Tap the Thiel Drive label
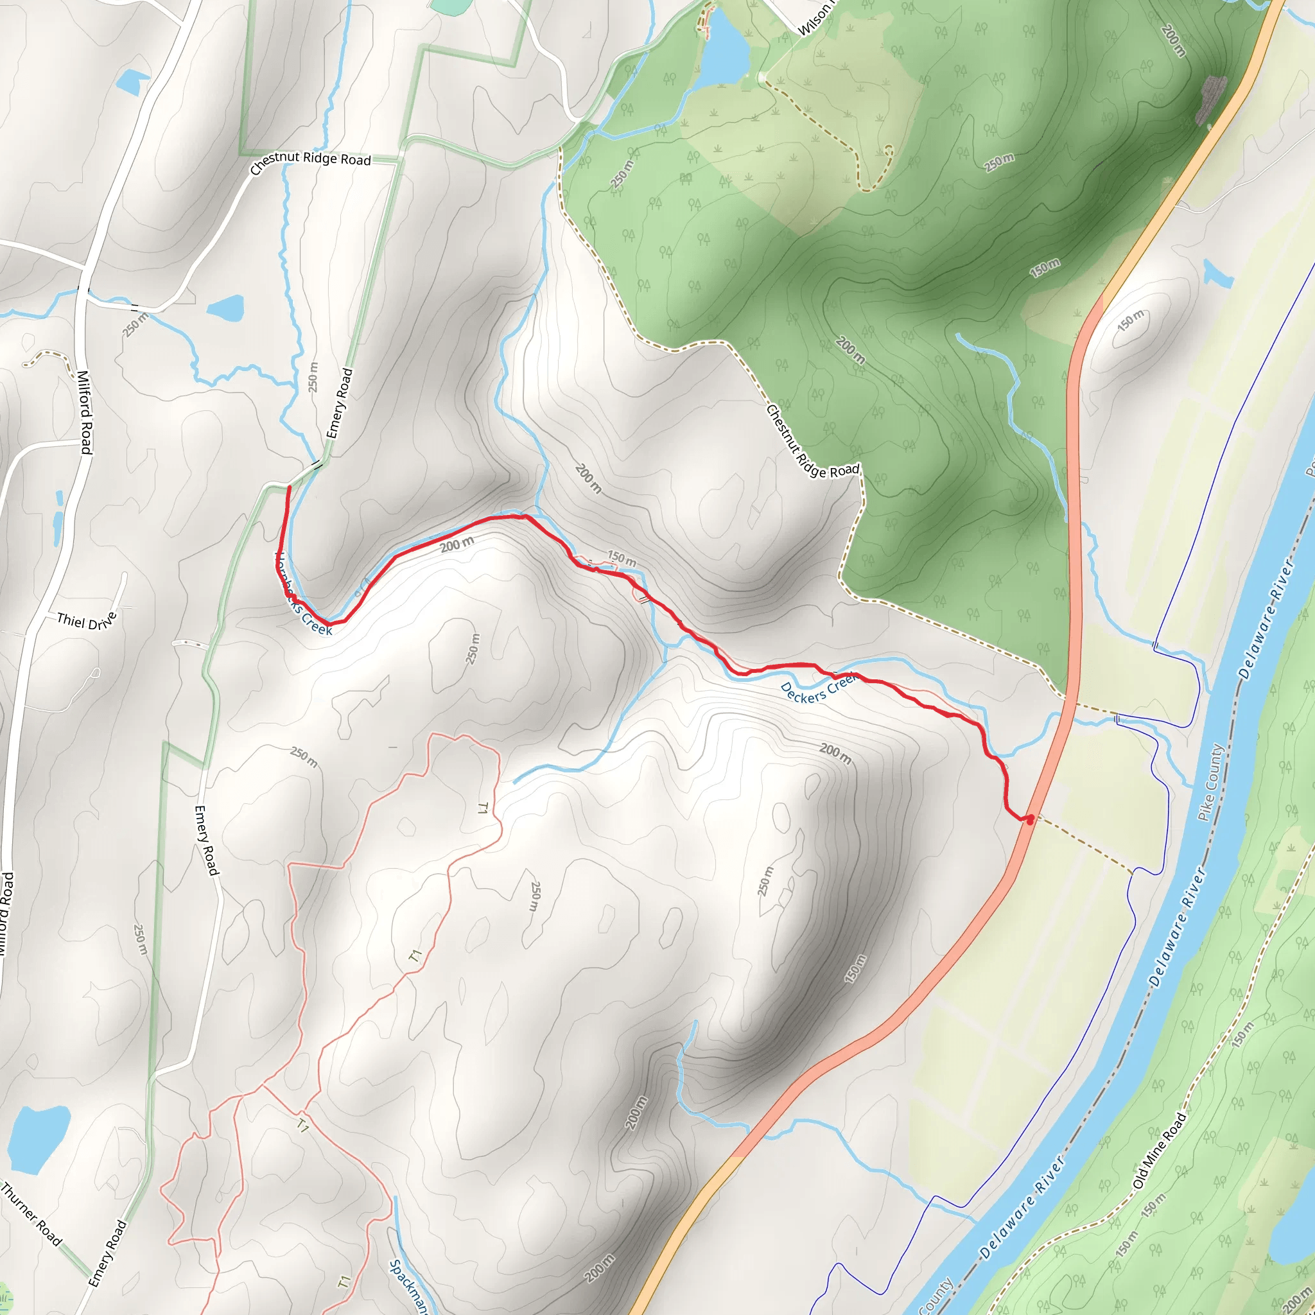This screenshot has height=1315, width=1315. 87,620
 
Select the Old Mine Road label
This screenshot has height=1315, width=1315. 1160,1150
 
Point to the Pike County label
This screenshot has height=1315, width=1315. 1211,783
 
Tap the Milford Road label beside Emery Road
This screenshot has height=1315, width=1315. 83,412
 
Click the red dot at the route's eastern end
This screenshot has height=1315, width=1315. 1030,820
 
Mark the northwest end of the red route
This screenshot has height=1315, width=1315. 290,488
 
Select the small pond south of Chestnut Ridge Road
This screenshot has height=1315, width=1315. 225,308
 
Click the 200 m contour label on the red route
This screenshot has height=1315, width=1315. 457,544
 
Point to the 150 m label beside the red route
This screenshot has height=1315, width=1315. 622,558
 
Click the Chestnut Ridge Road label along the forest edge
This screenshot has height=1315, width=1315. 813,442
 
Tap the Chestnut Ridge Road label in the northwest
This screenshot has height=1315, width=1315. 310,161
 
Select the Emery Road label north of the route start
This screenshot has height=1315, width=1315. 340,403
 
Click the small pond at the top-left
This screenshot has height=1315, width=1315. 132,82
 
